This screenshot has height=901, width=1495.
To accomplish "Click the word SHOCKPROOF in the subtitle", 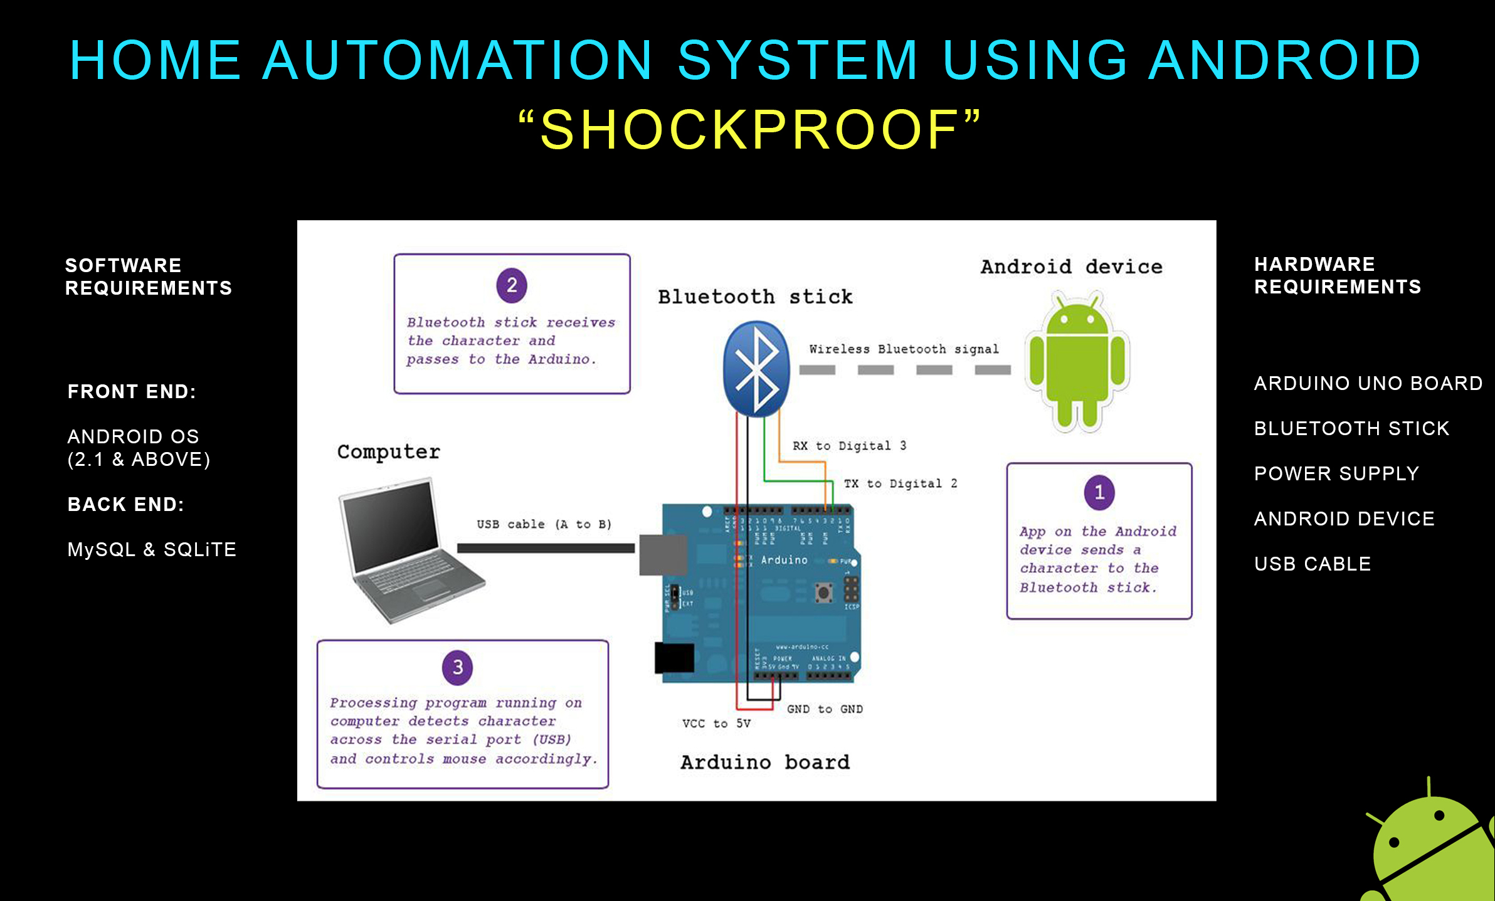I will point(749,130).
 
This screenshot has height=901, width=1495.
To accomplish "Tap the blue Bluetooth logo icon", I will point(756,369).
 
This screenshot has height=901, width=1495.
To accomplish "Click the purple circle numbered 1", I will point(1099,492).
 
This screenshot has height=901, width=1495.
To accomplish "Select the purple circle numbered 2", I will point(512,285).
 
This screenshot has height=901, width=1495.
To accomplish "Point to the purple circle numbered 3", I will point(458,667).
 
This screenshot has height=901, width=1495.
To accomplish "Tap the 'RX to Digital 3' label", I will point(849,446).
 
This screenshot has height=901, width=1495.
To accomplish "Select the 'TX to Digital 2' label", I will point(900,483).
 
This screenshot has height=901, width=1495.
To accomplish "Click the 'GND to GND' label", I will point(825,709).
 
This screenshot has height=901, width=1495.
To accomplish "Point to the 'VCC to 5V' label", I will point(716,724).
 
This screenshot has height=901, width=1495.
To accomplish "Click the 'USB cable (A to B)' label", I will point(544,524).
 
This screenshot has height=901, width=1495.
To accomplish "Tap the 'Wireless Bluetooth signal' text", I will point(904,349).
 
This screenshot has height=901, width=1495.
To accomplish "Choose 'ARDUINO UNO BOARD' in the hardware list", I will point(1368,383).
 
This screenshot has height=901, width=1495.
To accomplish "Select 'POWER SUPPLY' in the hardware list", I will point(1336,473).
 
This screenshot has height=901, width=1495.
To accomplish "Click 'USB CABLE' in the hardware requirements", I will point(1313,564).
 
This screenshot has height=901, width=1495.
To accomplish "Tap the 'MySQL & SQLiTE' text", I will point(152,549).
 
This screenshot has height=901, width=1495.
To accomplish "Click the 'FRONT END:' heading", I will point(132,392).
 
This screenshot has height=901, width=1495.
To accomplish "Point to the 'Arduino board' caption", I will point(765,762).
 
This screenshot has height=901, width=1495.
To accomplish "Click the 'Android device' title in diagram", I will point(1071,266).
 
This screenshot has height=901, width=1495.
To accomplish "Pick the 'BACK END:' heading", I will point(126,504).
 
